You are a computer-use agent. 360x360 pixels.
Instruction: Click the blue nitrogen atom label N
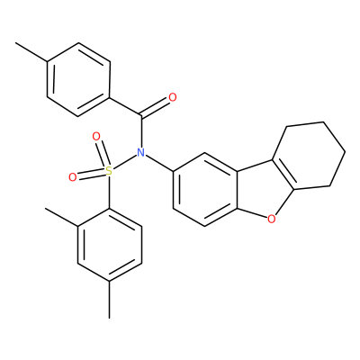140,153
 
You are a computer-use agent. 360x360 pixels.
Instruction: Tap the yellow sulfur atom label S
109,171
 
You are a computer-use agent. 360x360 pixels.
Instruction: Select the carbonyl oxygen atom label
173,97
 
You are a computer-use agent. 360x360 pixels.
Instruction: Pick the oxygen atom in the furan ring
271,220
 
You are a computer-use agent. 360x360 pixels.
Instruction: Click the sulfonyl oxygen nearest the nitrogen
96,137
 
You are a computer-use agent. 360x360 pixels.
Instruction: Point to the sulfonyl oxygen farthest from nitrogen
73,177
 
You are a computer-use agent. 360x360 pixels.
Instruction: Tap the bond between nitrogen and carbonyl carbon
140,131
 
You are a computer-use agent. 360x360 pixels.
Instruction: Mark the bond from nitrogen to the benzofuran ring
159,163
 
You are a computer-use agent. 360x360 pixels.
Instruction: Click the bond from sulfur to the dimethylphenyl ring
109,193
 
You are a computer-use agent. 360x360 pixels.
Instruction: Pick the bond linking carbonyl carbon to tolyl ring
124,106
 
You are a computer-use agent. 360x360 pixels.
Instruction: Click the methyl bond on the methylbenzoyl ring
31,52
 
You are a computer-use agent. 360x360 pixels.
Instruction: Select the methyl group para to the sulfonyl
109,300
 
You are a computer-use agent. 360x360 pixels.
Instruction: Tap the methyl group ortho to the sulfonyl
61,217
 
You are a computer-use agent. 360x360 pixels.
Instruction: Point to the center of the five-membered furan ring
263,190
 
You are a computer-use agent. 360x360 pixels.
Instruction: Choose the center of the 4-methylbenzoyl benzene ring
78,79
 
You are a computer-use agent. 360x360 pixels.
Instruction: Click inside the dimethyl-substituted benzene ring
110,245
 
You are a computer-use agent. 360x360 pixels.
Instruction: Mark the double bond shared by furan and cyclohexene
283,175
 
